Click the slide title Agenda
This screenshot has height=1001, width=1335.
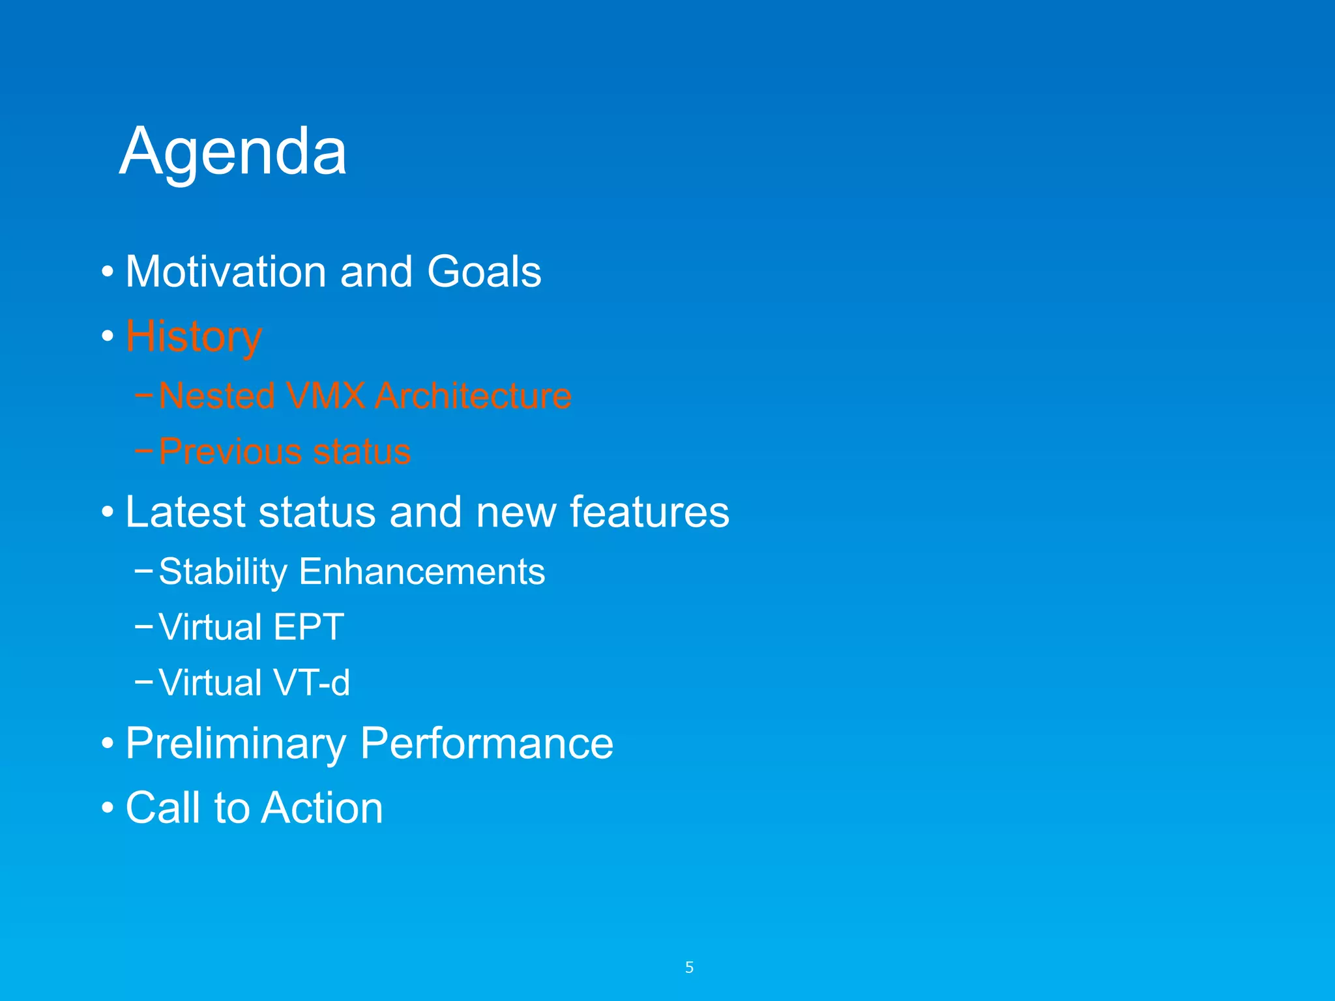233,152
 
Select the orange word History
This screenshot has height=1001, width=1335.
194,337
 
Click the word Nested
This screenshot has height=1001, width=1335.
217,396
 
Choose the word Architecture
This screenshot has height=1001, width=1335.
473,396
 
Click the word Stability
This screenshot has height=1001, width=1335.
222,572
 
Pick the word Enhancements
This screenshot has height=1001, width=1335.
422,572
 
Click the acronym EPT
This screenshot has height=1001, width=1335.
308,627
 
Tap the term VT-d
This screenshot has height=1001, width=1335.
312,682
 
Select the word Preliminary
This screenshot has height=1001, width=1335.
235,744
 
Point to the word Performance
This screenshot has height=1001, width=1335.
486,744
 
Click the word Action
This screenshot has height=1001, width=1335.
323,808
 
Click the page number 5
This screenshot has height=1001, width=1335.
689,968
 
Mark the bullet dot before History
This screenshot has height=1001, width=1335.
108,337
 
